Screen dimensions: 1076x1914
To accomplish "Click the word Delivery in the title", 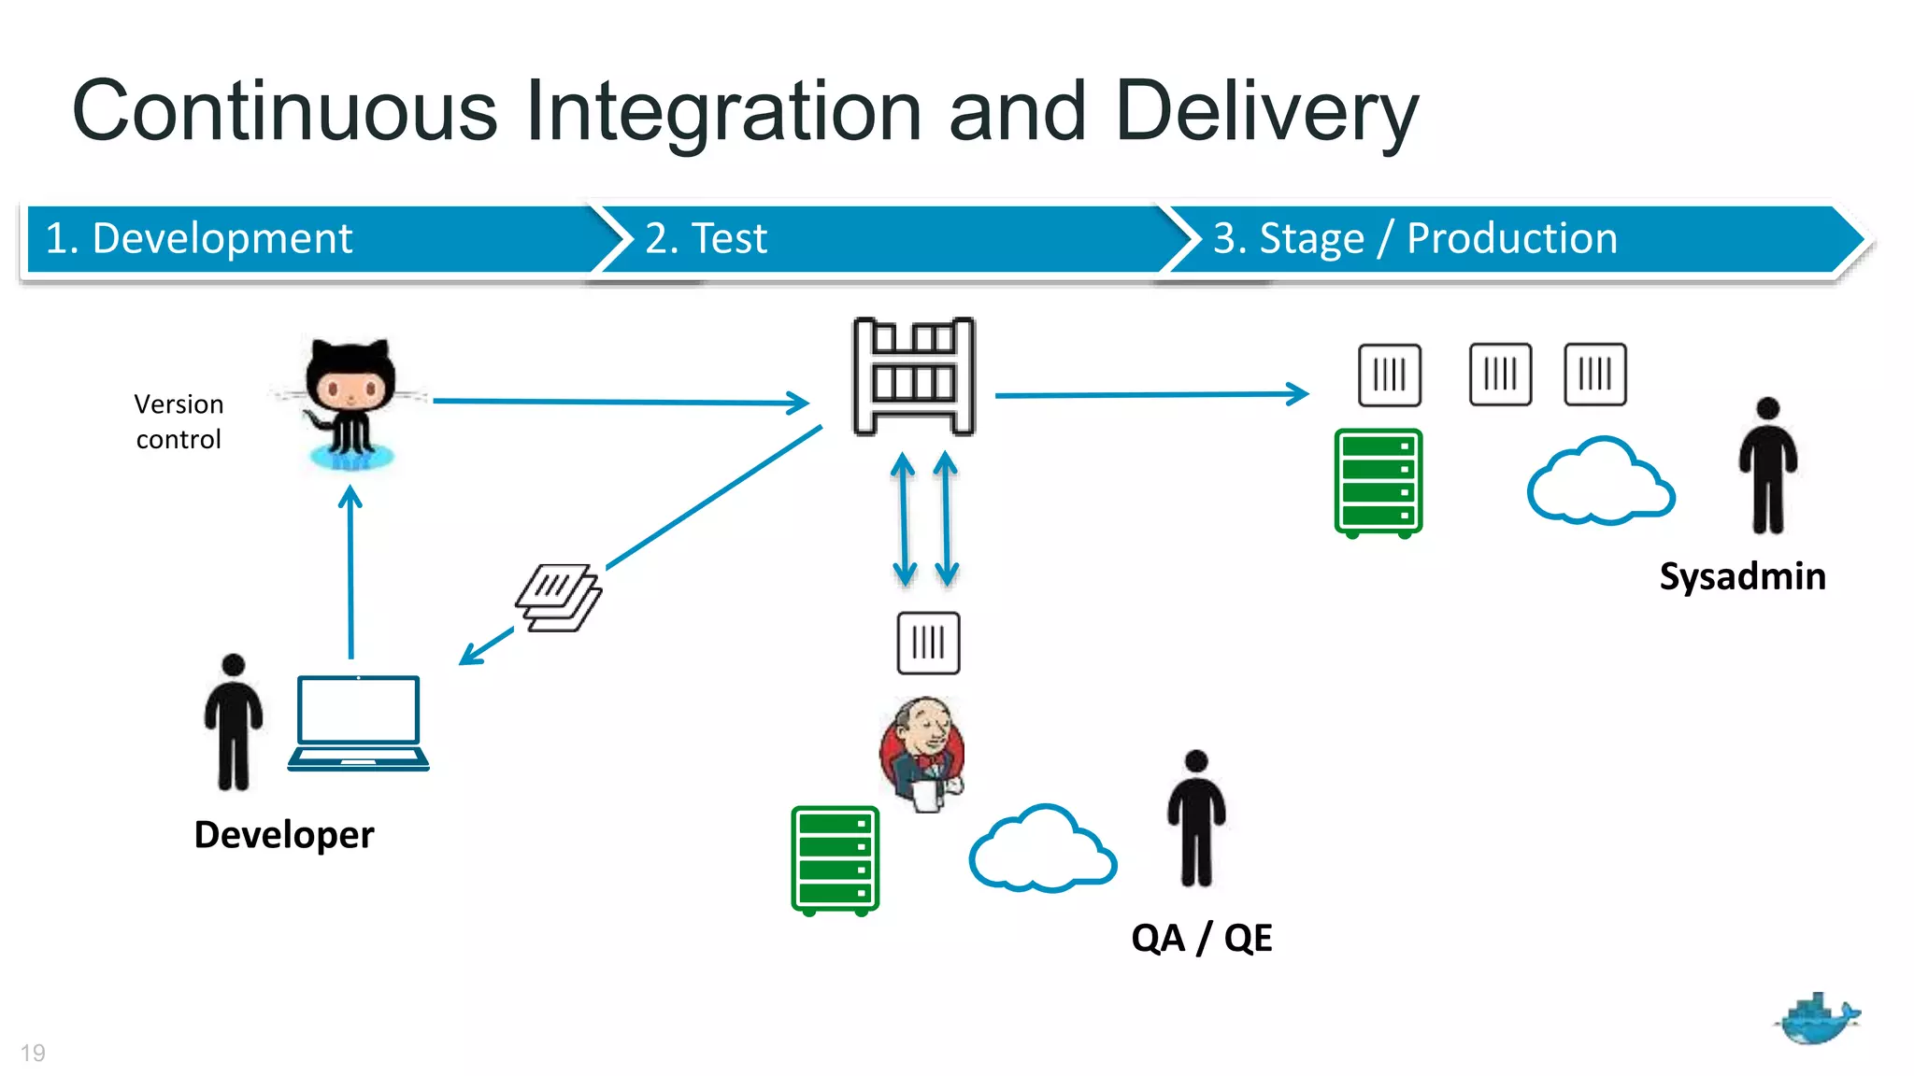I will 1266,112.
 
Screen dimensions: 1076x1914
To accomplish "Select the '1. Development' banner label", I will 199,239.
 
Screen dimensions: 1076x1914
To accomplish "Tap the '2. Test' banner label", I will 706,239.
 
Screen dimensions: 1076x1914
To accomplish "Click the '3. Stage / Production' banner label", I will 1415,239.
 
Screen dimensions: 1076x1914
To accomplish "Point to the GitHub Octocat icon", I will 351,402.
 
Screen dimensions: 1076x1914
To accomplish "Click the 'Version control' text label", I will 179,421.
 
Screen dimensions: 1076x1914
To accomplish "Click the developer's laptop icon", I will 359,723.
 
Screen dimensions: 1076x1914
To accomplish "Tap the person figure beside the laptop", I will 234,721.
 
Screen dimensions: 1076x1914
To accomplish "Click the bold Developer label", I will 284,834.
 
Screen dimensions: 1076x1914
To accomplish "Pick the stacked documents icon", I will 559,598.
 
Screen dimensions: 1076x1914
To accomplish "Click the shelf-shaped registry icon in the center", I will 913,376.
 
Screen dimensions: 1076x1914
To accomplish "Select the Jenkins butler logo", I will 922,753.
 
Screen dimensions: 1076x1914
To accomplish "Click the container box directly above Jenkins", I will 928,643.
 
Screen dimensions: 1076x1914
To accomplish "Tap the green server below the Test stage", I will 835,860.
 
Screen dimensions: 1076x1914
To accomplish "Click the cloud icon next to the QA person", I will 1042,850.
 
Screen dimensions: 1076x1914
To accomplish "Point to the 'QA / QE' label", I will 1202,938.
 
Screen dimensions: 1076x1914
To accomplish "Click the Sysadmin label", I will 1742,576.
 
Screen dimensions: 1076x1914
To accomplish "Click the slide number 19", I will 33,1053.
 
